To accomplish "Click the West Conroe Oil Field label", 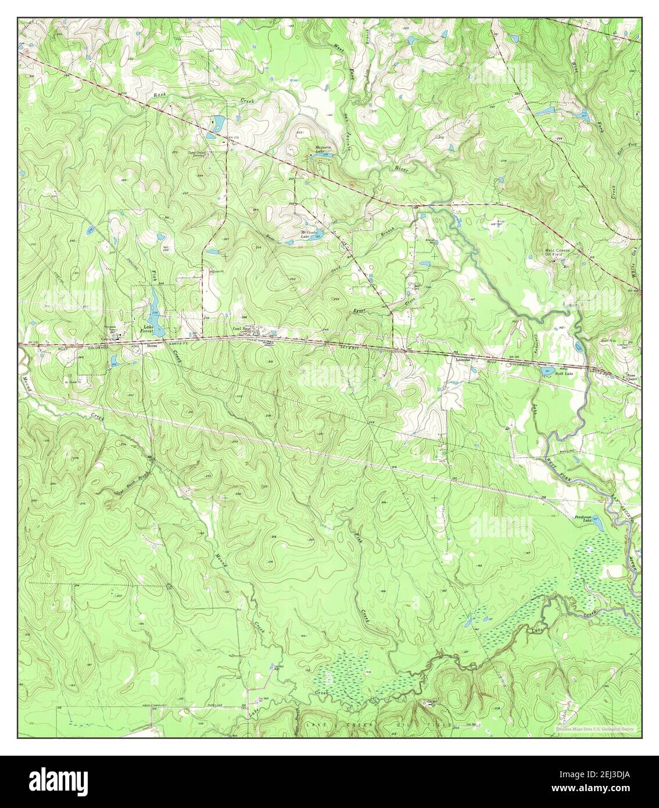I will coord(560,253).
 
